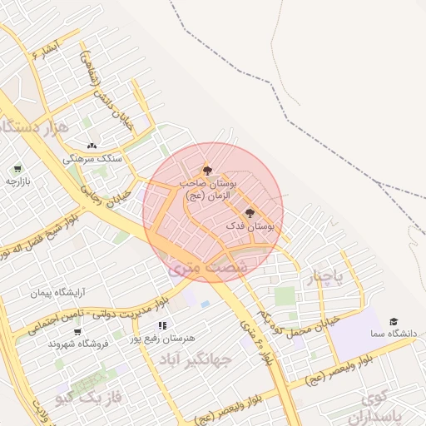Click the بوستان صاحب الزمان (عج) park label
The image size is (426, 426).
click(208, 187)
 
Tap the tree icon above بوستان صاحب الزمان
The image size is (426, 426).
click(207, 169)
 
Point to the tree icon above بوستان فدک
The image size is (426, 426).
click(250, 213)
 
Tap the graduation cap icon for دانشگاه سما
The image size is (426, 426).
click(394, 321)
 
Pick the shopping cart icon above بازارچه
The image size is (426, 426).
click(18, 167)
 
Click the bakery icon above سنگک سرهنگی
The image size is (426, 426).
click(91, 145)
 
